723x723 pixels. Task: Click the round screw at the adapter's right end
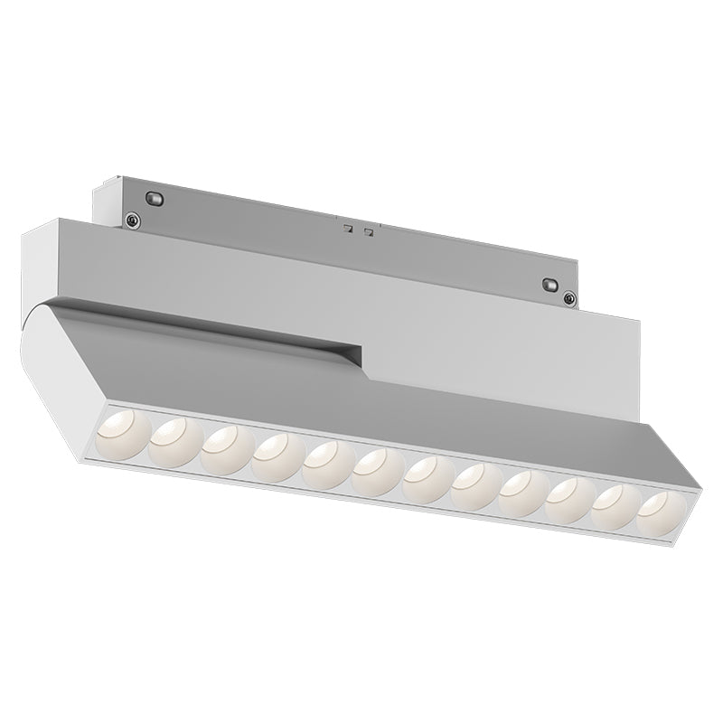pyautogui.click(x=568, y=299)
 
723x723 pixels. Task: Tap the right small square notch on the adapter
pyautogui.click(x=368, y=231)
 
